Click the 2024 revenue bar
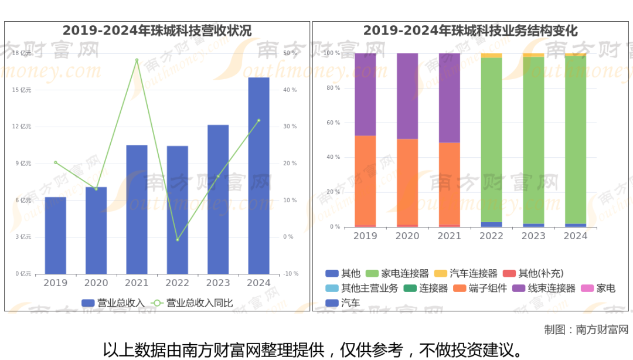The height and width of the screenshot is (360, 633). (x=258, y=176)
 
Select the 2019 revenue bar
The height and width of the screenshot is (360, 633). (x=56, y=236)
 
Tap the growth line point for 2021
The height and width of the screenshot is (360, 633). (x=137, y=60)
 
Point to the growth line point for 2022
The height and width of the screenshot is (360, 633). (x=177, y=240)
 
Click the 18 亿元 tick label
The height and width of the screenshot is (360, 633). (x=22, y=53)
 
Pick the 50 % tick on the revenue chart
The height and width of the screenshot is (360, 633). (x=290, y=53)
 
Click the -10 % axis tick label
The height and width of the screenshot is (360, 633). (x=291, y=274)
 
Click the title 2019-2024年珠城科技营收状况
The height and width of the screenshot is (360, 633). (x=157, y=30)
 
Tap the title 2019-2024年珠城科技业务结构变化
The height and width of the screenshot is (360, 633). (x=470, y=30)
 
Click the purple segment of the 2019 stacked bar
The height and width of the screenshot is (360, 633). (x=365, y=94)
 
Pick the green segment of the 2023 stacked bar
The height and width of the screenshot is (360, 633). (x=533, y=141)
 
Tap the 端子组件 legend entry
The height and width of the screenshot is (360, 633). (x=480, y=288)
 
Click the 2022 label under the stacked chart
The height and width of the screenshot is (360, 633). (x=491, y=236)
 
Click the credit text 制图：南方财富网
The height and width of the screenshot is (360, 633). (x=586, y=330)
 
